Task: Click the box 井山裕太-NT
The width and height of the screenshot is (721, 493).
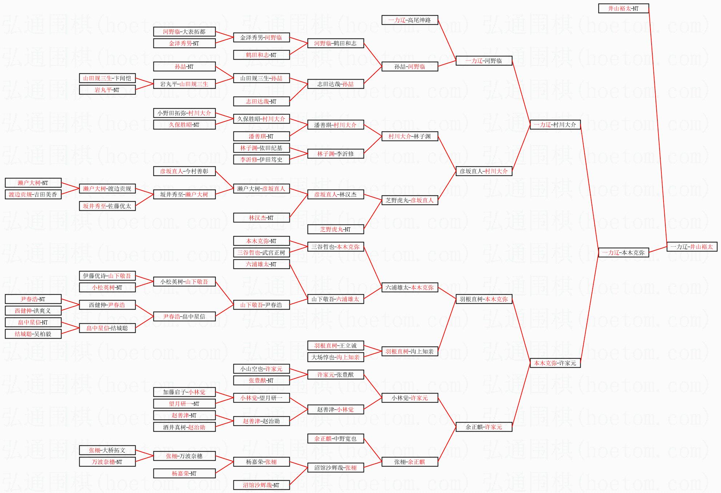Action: click(x=623, y=8)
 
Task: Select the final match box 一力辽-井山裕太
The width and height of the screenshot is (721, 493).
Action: click(x=692, y=247)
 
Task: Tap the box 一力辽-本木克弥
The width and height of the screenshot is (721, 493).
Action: click(x=623, y=252)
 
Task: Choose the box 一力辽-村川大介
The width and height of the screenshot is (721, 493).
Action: click(x=555, y=125)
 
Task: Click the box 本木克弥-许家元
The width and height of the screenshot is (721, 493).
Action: click(x=555, y=363)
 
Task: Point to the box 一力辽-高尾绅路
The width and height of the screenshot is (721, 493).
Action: click(x=409, y=20)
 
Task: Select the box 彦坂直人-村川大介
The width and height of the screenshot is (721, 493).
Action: click(x=484, y=171)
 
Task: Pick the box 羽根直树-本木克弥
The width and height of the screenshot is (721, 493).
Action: click(x=484, y=299)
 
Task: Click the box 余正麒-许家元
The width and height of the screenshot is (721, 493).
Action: click(x=484, y=427)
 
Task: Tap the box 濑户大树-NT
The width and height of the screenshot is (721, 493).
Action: click(x=33, y=183)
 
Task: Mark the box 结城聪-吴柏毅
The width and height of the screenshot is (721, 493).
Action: click(x=33, y=334)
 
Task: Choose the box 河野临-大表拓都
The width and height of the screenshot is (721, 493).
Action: click(x=184, y=32)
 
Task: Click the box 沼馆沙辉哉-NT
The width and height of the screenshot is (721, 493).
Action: click(x=261, y=485)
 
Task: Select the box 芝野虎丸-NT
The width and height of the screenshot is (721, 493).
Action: click(x=335, y=229)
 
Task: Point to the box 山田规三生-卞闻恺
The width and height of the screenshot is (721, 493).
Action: click(x=107, y=78)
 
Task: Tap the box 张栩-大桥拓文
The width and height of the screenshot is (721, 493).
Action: click(x=107, y=450)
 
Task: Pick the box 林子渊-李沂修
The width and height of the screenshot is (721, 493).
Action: click(x=335, y=154)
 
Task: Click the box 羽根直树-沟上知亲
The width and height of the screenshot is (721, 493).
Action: click(x=409, y=351)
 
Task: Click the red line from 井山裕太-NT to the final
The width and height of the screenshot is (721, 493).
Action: click(x=658, y=127)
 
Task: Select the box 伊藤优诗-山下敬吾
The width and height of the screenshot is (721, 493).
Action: click(x=107, y=276)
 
